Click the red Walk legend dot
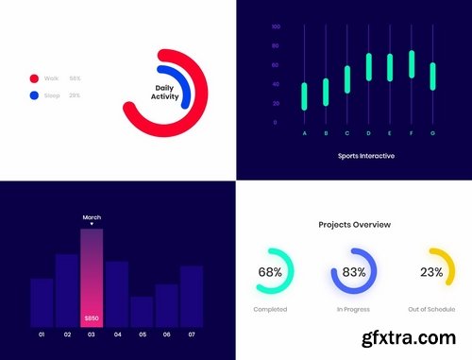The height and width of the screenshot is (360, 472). (x=34, y=79)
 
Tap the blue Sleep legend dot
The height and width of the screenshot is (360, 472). (x=34, y=95)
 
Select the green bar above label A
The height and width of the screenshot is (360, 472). (x=304, y=96)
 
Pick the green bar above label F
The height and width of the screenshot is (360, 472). (x=412, y=64)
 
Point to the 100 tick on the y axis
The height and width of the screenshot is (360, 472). (x=275, y=26)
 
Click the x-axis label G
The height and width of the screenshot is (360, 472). (x=432, y=133)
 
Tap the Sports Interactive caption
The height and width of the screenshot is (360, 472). (x=365, y=155)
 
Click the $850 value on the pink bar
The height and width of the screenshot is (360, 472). (x=92, y=318)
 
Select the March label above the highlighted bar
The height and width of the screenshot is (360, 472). (x=92, y=218)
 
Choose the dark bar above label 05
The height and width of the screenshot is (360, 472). (x=142, y=311)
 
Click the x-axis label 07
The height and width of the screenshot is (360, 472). (x=192, y=334)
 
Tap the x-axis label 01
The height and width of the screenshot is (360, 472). (x=42, y=334)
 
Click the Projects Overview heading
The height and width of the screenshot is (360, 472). (x=354, y=225)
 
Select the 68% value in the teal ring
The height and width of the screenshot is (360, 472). (x=270, y=272)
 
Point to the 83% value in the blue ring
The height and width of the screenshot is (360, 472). (x=354, y=272)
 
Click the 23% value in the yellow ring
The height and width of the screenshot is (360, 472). (x=431, y=272)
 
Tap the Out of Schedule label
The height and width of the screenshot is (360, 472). (x=431, y=309)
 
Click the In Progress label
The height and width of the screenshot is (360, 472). (x=354, y=309)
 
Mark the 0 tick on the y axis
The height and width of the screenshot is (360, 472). (x=277, y=123)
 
